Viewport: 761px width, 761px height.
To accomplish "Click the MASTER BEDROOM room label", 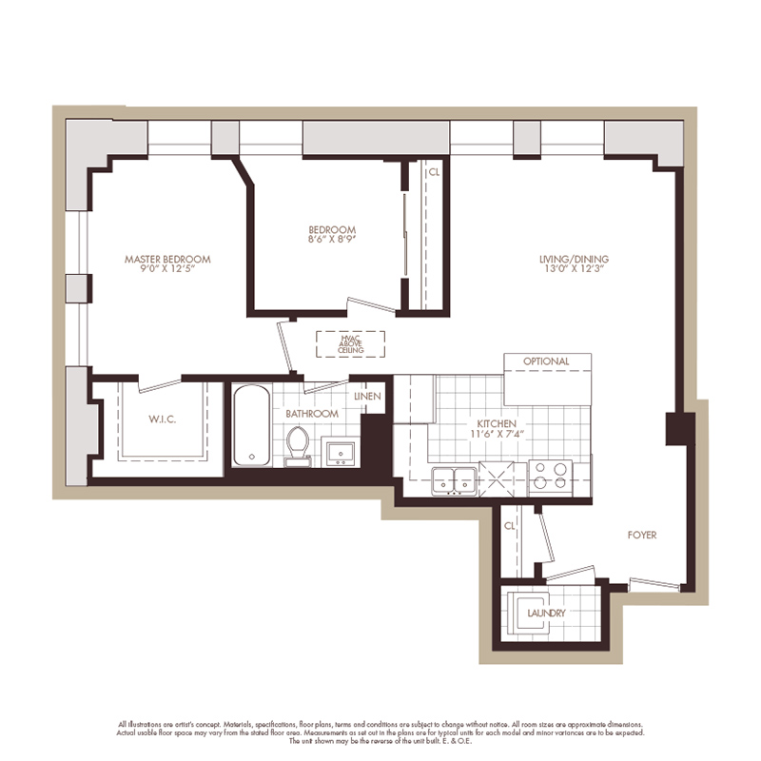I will tap(167, 259).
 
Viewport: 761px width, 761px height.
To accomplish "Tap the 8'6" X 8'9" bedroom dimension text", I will tap(332, 242).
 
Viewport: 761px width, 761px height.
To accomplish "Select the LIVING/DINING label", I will tap(574, 259).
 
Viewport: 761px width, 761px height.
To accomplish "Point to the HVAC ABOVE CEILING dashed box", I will tap(351, 343).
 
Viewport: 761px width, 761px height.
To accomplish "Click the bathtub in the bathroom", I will tap(251, 425).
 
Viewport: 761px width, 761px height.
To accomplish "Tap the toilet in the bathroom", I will tap(299, 444).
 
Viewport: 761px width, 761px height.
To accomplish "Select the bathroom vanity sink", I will tap(337, 451).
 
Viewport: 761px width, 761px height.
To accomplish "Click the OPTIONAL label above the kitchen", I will tap(546, 361).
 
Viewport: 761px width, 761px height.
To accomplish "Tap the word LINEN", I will tap(367, 396).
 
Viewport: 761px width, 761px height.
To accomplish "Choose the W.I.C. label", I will tap(163, 419).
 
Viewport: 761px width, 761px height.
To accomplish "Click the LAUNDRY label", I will tap(546, 613).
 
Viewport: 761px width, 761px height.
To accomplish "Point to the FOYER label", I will tap(642, 535).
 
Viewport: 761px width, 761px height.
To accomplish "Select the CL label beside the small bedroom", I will tap(434, 172).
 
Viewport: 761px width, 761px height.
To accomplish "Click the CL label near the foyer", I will tap(510, 524).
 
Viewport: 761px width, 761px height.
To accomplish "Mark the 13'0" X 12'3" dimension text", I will tap(574, 270).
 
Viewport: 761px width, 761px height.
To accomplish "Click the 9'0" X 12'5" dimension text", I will tap(167, 270).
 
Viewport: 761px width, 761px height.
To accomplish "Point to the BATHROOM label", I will tap(312, 414).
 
